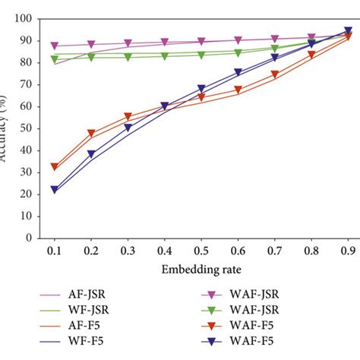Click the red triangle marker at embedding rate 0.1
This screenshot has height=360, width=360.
(55, 166)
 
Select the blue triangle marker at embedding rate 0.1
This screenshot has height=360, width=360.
(55, 189)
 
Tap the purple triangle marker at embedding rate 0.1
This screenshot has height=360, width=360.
(55, 46)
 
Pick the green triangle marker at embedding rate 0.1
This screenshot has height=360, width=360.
(55, 58)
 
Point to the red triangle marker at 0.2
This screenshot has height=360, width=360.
(91, 133)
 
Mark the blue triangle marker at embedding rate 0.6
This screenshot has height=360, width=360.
(238, 73)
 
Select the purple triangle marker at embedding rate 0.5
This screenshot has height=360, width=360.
(201, 42)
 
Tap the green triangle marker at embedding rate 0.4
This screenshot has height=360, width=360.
(165, 55)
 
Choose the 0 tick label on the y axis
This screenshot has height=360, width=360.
(29, 237)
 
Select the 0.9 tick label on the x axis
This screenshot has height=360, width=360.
(348, 249)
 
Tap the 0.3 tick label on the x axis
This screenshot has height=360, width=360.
(128, 249)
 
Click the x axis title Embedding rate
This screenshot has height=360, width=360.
(201, 270)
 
